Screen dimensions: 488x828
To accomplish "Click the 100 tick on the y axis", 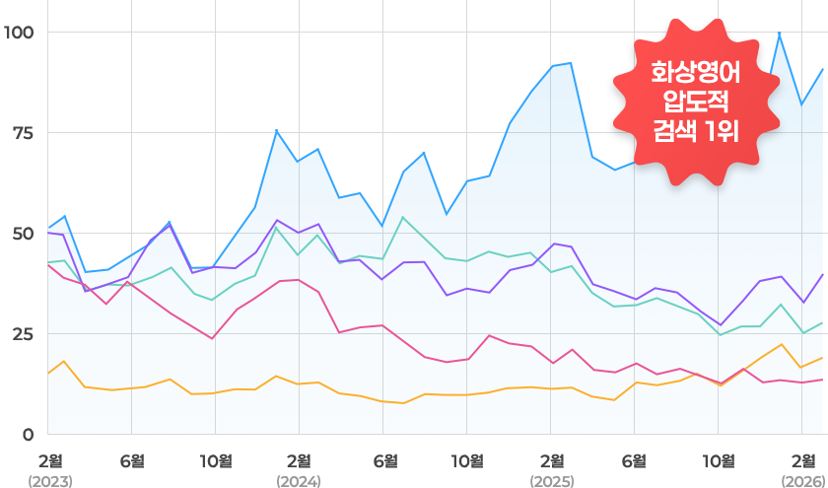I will (19, 33).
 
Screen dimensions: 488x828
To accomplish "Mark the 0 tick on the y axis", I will (28, 435).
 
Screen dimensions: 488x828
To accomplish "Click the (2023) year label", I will (48, 481).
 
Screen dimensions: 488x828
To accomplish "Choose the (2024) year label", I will (300, 481).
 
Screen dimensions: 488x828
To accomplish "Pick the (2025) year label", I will (551, 481).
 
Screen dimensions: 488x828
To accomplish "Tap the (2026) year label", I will (802, 481).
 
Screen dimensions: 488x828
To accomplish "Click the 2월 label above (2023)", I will (49, 460).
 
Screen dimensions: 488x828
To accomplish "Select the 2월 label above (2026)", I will (803, 460).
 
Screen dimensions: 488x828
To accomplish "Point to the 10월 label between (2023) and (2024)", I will (216, 460).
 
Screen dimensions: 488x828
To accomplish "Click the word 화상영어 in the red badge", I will (695, 73).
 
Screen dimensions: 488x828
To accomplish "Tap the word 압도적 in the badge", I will (695, 101).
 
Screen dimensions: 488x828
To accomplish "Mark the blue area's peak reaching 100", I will (780, 34).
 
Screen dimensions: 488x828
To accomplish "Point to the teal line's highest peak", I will (403, 217).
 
